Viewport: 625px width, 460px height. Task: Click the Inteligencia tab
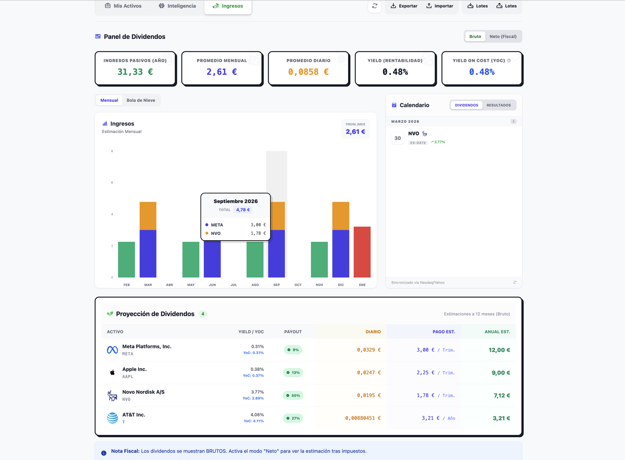coord(177,6)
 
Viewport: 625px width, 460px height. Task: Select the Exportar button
coord(404,6)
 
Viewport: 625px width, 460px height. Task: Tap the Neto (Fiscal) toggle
coord(503,36)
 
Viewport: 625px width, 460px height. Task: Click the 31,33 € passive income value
coord(135,72)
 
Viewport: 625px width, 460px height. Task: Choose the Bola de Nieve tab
coord(141,100)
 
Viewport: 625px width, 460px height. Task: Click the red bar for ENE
coord(362,252)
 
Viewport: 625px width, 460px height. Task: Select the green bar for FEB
coord(127,259)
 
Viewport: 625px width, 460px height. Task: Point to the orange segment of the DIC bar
coord(341,216)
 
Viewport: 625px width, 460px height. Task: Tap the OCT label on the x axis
coord(298,285)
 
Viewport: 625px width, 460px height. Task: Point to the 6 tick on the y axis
coord(112,183)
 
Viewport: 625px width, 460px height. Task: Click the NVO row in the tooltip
coord(236,233)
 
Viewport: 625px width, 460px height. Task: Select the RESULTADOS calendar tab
coord(498,105)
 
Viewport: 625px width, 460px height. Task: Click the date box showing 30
coord(398,138)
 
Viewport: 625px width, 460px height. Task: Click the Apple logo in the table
coord(112,372)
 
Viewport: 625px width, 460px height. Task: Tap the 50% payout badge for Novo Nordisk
coord(293,395)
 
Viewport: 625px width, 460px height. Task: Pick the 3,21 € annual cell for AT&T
coord(501,418)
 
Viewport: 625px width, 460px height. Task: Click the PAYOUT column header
coord(293,332)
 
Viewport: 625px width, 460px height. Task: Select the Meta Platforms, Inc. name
coord(147,347)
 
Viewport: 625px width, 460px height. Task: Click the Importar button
coord(440,6)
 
